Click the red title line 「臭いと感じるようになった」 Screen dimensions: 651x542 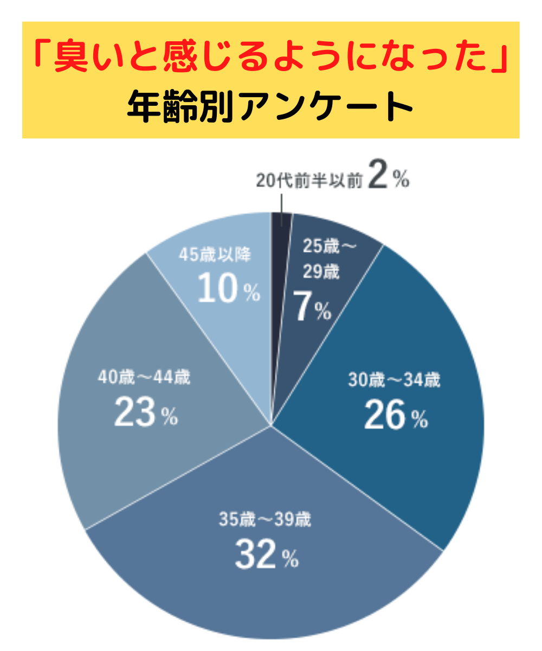270,59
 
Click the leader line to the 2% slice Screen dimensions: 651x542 281,201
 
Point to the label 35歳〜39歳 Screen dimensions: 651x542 265,520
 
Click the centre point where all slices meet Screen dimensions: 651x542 270,426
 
